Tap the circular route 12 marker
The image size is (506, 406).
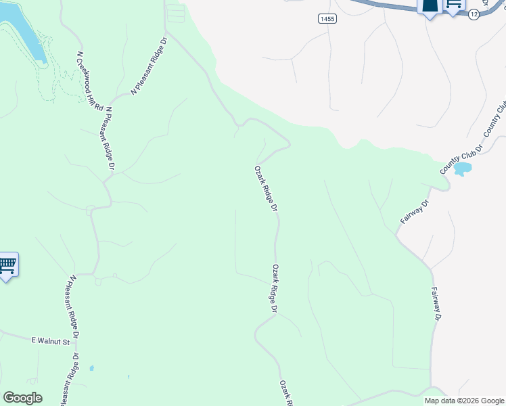click(474, 14)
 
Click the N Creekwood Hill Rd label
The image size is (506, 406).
click(89, 81)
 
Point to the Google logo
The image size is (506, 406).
click(22, 398)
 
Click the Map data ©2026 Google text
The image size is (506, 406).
click(464, 401)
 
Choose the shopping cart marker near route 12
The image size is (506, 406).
click(454, 4)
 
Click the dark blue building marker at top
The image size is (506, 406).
click(430, 6)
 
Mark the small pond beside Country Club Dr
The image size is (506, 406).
click(463, 168)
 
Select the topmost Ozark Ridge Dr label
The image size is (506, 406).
click(266, 189)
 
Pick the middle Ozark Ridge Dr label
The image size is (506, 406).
click(275, 288)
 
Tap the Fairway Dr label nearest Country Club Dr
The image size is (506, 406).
click(415, 212)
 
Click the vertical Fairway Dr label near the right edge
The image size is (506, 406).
click(436, 304)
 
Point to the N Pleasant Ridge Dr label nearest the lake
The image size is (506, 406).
click(148, 66)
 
